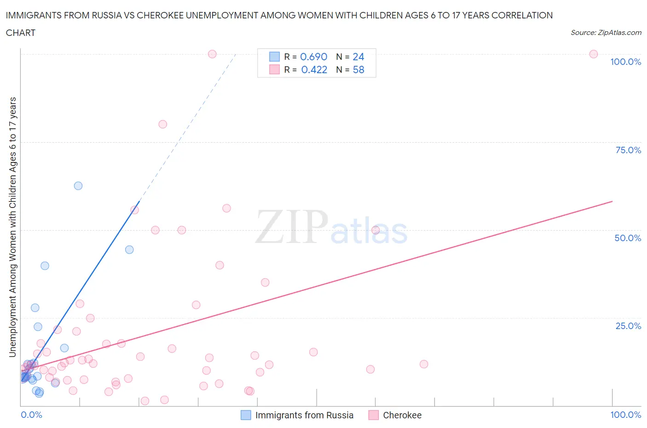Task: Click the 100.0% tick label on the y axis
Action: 625,62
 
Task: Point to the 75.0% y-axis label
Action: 628,150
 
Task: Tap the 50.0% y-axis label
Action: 628,238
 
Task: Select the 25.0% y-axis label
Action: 628,326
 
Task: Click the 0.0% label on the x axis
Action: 31,415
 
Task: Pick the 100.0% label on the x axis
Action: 625,415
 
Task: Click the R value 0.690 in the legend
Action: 313,57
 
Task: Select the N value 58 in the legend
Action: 358,69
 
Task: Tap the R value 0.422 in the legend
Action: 314,69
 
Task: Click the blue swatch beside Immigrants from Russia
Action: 246,415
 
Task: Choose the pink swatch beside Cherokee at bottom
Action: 373,415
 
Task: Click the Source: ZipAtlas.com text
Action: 606,32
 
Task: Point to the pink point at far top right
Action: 594,54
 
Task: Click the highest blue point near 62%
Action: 78,185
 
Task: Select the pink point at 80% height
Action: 162,124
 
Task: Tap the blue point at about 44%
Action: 129,249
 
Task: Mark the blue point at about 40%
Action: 45,266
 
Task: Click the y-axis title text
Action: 12,227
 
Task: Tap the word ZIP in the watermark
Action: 292,226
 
